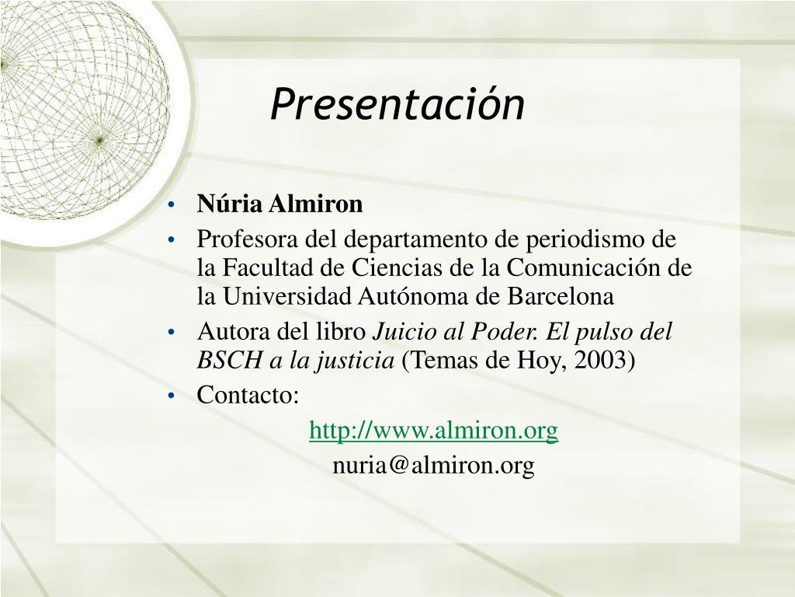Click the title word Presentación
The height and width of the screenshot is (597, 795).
397,103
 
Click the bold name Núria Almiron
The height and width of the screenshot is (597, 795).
279,204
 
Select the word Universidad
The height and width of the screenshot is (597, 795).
287,296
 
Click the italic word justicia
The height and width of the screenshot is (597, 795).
356,361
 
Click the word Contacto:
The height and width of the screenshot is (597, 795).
248,394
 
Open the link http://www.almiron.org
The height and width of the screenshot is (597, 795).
433,431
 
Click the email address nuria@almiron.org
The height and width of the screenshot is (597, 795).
433,466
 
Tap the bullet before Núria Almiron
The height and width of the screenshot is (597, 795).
171,205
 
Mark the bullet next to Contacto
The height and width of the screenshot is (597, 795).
171,396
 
